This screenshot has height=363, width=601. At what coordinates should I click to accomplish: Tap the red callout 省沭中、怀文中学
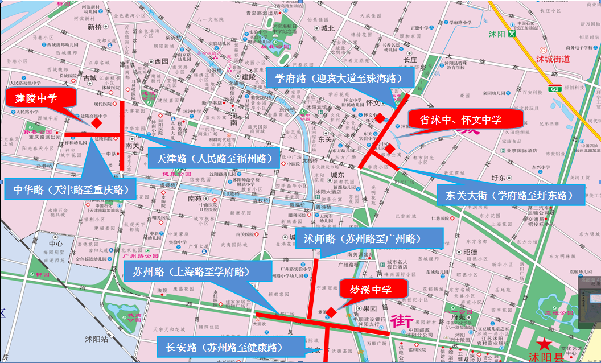[x=465, y=119]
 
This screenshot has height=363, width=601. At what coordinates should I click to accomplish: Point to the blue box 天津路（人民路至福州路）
[x=214, y=157]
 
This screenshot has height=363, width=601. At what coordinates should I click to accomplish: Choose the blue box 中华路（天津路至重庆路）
[x=70, y=188]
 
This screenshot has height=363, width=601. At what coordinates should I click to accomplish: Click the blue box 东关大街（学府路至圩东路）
[x=511, y=195]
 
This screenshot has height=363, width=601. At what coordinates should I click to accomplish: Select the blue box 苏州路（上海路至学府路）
[x=195, y=270]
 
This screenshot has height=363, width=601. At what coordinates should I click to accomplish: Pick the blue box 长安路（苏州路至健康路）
[x=228, y=346]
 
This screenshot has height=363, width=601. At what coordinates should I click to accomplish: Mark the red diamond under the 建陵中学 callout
[x=97, y=122]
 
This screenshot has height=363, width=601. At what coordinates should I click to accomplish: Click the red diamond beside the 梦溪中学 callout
[x=331, y=311]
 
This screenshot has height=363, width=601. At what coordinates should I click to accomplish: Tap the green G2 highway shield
[x=554, y=89]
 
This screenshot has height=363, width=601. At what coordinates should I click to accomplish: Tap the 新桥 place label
[x=94, y=27]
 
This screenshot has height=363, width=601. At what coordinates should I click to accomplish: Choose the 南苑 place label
[x=194, y=199]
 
